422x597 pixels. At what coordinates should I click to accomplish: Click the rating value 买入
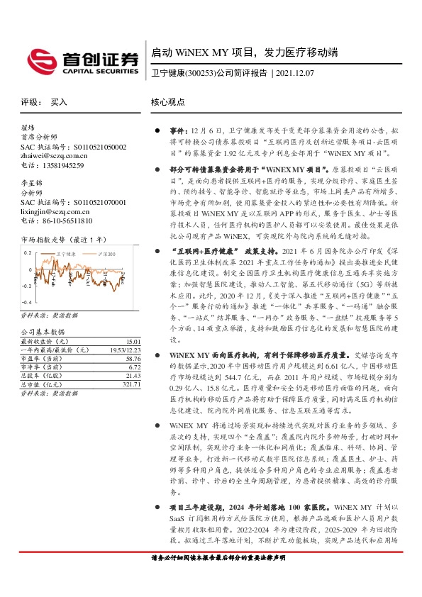58,102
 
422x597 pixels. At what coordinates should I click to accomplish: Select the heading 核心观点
167,102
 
